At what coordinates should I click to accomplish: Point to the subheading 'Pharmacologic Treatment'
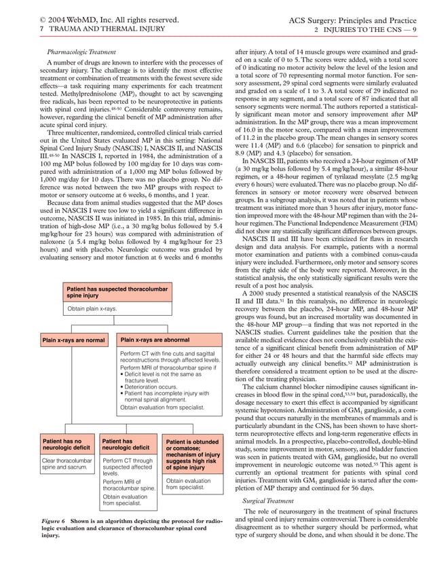pyautogui.click(x=81, y=52)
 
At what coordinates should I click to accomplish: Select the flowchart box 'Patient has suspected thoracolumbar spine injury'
pyautogui.click(x=109, y=293)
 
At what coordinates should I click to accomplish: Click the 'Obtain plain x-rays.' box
pyautogui.click(x=92, y=309)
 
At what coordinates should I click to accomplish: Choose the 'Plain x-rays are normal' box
pyautogui.click(x=73, y=340)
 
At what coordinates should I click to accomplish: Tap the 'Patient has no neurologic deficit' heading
pyautogui.click(x=64, y=445)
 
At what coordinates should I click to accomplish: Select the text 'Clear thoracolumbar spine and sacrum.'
pyautogui.click(x=67, y=465)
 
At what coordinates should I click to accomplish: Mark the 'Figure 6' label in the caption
pyautogui.click(x=54, y=520)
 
